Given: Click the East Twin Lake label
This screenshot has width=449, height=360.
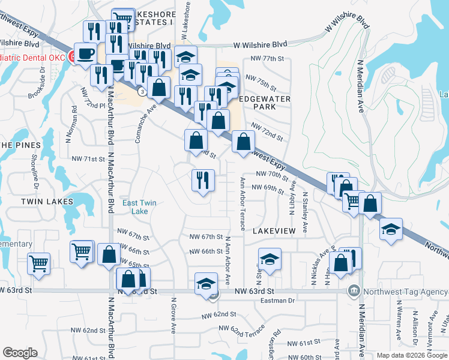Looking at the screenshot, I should (139, 207).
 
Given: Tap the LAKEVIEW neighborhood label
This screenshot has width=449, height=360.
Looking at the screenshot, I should (274, 230).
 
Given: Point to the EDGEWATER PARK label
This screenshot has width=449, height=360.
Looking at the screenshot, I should (265, 103).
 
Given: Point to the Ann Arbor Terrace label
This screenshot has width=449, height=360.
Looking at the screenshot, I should (243, 203).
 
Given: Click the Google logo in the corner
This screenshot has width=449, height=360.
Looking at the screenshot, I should (20, 353).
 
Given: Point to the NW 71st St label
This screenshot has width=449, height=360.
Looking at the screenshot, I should (88, 159).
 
